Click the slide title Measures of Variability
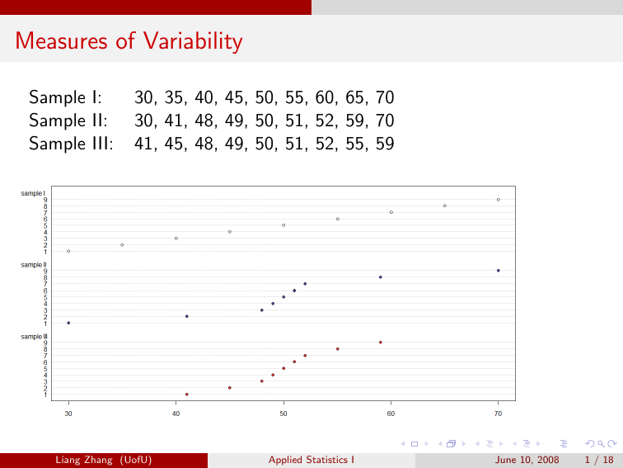[x=129, y=40]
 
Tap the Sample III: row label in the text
[x=71, y=144]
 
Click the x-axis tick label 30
[x=68, y=413]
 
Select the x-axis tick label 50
[x=283, y=413]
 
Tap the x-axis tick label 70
[x=498, y=413]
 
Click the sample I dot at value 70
[x=499, y=200]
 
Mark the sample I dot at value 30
[x=68, y=251]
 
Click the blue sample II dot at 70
[x=499, y=271]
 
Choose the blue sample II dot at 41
[x=187, y=316]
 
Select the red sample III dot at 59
[x=380, y=343]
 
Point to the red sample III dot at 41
[x=187, y=395]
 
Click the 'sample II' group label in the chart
[x=34, y=265]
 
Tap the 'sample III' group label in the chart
[x=35, y=337]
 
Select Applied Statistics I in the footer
[x=311, y=460]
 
